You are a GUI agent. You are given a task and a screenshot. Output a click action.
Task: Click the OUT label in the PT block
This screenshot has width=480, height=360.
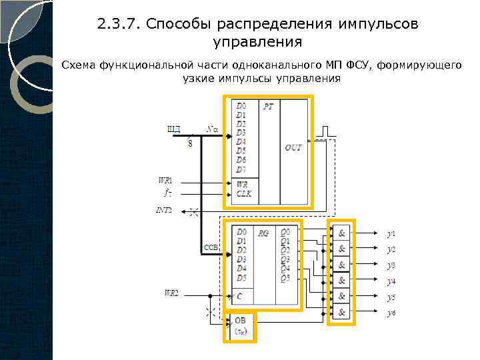[293, 147]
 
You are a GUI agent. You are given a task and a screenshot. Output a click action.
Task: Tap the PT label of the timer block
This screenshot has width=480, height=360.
[268, 106]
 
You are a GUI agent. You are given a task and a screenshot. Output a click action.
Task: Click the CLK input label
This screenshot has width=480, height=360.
[244, 194]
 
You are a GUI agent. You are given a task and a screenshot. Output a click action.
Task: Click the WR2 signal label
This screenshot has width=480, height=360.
[171, 293]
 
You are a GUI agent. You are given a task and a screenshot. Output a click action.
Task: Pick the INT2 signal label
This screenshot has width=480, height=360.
[164, 210]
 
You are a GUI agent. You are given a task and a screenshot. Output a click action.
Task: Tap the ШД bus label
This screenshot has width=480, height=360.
[173, 129]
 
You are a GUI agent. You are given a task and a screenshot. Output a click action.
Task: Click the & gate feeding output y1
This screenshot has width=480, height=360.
[342, 234]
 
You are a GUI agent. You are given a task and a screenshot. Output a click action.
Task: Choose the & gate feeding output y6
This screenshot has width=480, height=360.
[342, 312]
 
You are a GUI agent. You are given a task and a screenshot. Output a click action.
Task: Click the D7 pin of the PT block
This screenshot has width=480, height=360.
[241, 169]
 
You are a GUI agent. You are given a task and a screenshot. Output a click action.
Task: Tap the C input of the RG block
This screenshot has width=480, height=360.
[240, 295]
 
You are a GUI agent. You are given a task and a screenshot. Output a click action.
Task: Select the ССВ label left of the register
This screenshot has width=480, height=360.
[211, 247]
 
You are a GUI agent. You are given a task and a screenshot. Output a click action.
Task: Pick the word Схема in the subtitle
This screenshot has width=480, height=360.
[79, 65]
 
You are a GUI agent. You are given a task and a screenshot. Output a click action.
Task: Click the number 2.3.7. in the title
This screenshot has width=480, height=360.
[119, 25]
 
